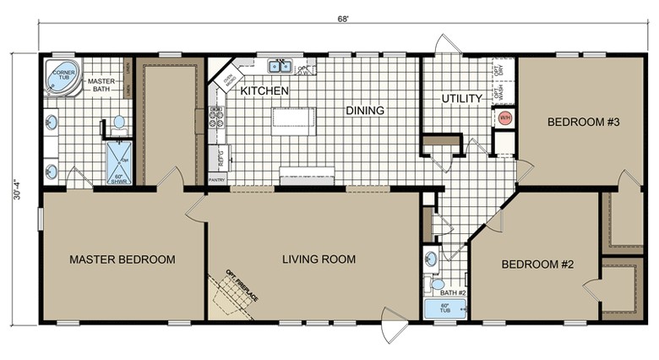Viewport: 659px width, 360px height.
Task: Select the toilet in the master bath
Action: click(118, 123)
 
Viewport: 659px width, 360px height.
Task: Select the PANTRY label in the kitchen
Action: click(217, 179)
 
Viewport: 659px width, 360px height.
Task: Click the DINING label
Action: click(364, 111)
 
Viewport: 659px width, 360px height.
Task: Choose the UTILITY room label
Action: click(461, 99)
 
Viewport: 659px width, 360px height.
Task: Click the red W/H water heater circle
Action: click(505, 117)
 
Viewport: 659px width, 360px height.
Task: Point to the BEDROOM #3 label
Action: click(584, 123)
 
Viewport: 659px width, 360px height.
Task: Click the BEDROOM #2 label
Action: click(537, 264)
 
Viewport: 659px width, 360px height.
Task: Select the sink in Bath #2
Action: click(431, 259)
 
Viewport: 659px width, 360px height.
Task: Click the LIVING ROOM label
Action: click(319, 259)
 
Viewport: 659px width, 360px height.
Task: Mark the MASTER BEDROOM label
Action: click(123, 259)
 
